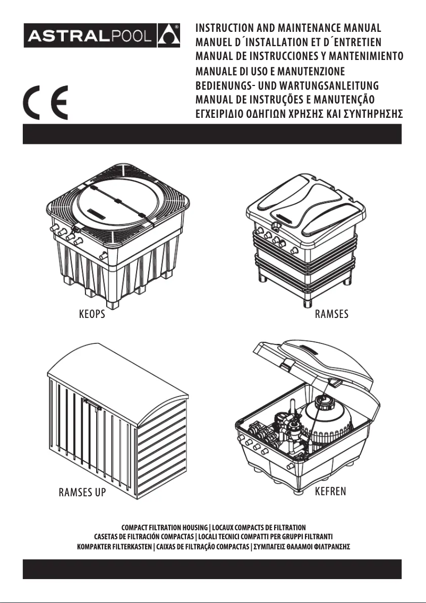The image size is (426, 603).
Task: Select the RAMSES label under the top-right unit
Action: point(331,314)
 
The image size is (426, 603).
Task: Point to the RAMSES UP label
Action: point(82,493)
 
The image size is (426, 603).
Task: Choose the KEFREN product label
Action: point(330,491)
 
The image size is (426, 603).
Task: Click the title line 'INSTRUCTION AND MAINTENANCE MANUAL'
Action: point(288,28)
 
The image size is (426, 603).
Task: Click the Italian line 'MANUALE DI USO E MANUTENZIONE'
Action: point(270,72)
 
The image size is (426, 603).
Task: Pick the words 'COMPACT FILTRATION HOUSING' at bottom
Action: point(165,528)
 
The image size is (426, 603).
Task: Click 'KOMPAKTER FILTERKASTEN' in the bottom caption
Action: point(114,546)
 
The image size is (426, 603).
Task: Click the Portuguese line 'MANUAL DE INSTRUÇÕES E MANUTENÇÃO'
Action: point(285,100)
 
